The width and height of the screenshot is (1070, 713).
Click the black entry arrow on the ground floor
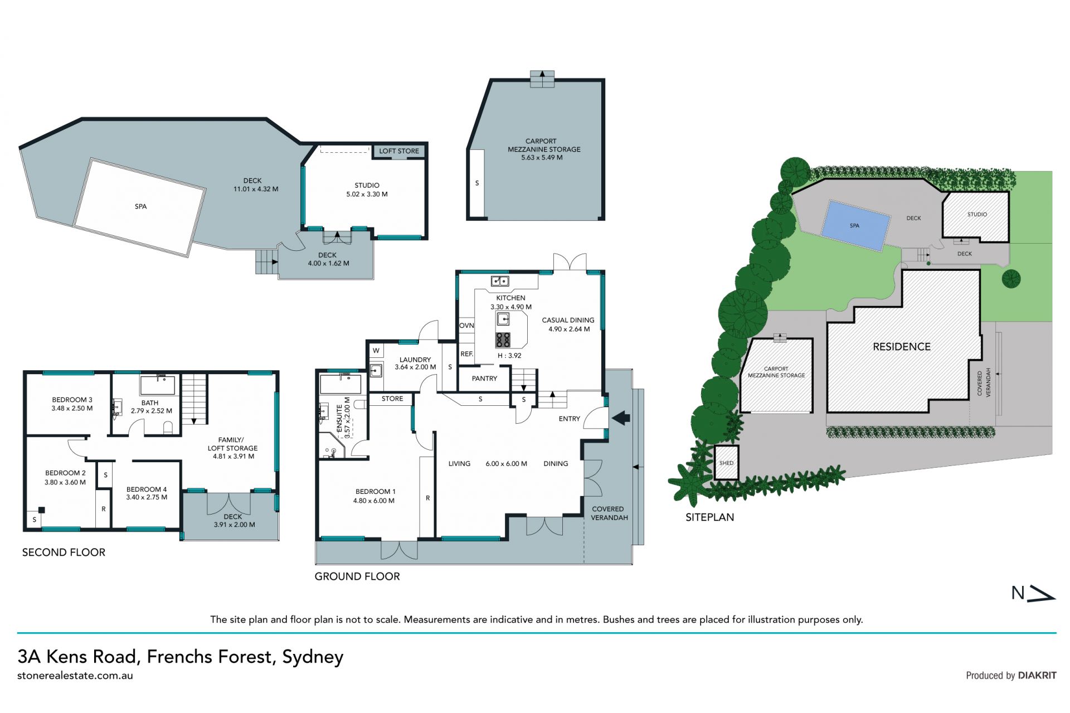point(621,418)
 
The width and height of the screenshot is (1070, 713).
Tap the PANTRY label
point(484,379)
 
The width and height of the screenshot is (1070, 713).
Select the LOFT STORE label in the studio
point(399,151)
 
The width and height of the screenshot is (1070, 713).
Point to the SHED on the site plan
point(726,463)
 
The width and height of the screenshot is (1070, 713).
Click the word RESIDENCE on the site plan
point(902,347)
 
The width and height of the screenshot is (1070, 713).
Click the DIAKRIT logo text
point(1037,675)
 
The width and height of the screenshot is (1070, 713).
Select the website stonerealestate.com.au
point(75,675)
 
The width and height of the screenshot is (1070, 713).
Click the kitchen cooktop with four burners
point(503,339)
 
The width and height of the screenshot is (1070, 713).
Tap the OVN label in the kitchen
point(466,326)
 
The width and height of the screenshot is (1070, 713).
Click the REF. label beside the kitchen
point(467,354)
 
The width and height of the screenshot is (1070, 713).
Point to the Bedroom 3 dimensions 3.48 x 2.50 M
point(72,408)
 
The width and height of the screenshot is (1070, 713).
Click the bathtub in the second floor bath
point(158,386)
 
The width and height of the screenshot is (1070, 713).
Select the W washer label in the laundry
point(376,351)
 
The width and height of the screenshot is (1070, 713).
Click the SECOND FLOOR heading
point(64,552)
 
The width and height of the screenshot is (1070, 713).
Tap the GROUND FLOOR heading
point(357,576)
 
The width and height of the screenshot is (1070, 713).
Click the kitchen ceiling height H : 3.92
point(509,356)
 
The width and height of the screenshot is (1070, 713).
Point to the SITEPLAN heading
point(709,517)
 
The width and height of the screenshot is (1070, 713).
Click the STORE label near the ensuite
point(392,399)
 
